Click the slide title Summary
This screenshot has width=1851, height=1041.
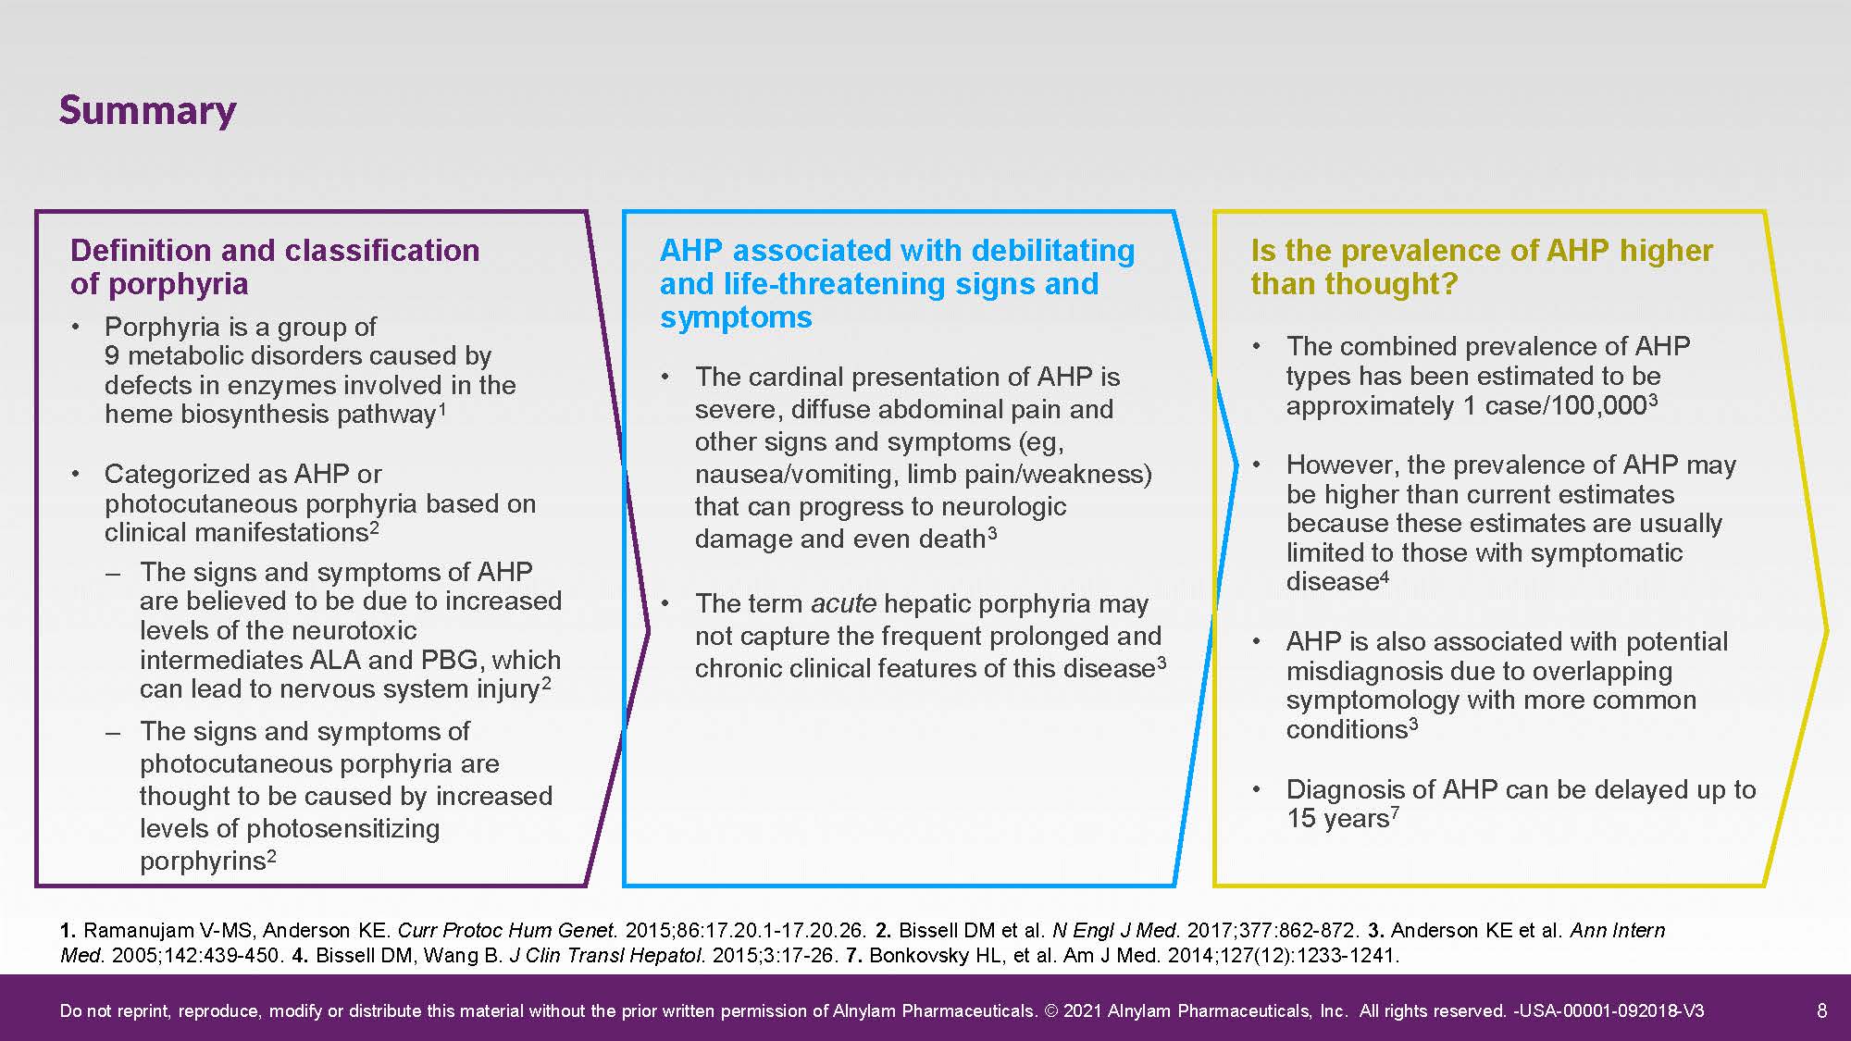pyautogui.click(x=147, y=111)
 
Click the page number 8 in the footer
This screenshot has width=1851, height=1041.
pyautogui.click(x=1822, y=1010)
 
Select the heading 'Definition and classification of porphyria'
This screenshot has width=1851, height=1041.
pyautogui.click(x=275, y=266)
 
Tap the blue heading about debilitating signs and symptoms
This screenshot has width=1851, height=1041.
pyautogui.click(x=898, y=283)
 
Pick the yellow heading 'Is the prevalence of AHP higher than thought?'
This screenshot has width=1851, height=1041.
pyautogui.click(x=1482, y=266)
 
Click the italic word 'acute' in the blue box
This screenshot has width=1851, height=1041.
pyautogui.click(x=843, y=603)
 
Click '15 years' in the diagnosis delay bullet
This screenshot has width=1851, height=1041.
pyautogui.click(x=1337, y=819)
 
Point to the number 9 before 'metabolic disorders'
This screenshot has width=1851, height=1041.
pyautogui.click(x=112, y=355)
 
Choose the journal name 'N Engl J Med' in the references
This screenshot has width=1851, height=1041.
pyautogui.click(x=1117, y=930)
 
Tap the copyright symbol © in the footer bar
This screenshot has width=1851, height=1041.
pyautogui.click(x=1050, y=1010)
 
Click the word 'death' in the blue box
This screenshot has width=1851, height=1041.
pyautogui.click(x=951, y=539)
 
